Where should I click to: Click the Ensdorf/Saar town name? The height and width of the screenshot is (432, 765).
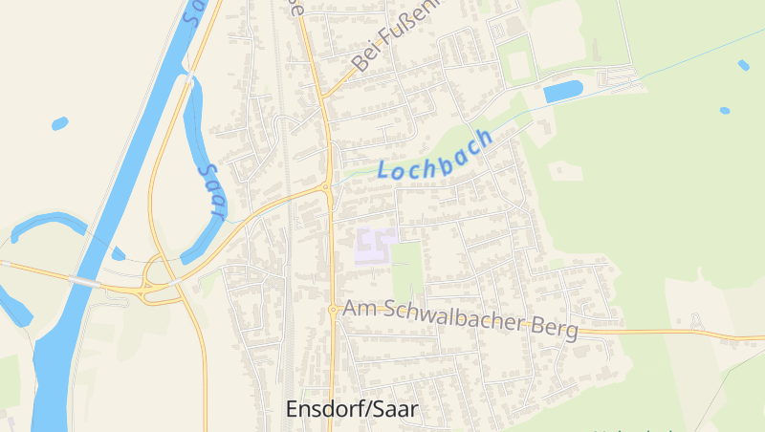(x=353, y=409)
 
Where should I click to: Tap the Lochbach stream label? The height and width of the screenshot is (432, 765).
(x=435, y=155)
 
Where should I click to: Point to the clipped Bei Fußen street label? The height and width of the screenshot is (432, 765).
(x=396, y=36)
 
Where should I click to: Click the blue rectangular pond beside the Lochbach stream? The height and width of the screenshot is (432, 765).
(x=562, y=92)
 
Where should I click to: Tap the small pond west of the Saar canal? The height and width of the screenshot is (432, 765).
(x=59, y=123)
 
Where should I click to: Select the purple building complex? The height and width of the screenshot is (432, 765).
(x=375, y=245)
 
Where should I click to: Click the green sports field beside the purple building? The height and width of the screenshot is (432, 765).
(x=407, y=268)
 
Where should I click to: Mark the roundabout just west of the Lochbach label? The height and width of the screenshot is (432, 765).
(x=329, y=185)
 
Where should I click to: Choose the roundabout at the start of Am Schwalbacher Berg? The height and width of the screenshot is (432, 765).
(x=333, y=309)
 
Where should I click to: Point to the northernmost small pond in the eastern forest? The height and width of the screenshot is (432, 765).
(x=744, y=65)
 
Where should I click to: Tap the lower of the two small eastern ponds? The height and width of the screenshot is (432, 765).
(x=725, y=111)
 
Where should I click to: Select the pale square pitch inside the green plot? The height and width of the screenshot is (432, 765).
(x=519, y=65)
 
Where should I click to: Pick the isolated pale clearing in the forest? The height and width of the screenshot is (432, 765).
(x=566, y=171)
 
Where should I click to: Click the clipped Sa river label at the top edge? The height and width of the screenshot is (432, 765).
(x=195, y=11)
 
